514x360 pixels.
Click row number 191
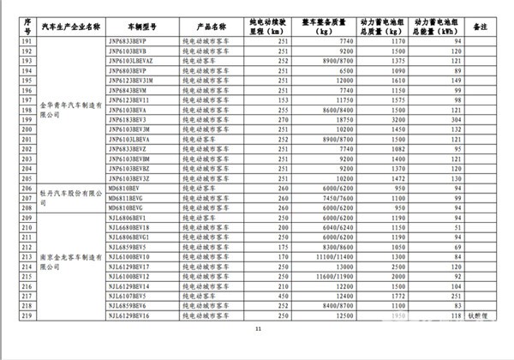coord(26,41)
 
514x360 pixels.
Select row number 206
coord(26,188)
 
